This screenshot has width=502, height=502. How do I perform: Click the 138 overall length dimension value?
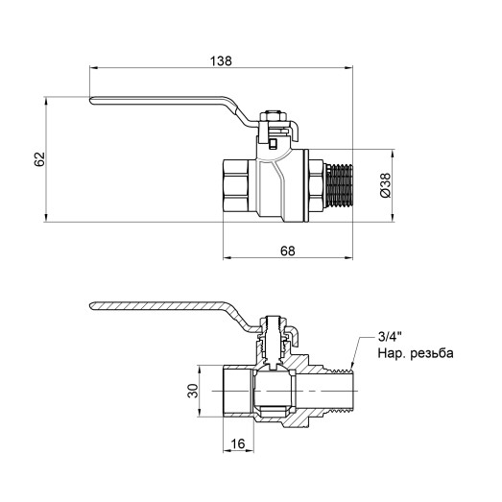[222, 60]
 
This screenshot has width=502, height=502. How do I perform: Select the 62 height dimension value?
[39, 159]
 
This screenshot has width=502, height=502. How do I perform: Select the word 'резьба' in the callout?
[428, 353]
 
